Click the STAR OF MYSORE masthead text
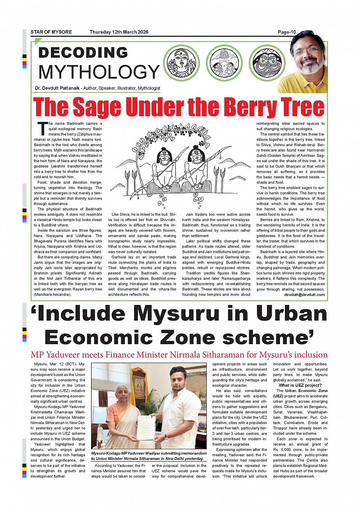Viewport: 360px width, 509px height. (51, 32)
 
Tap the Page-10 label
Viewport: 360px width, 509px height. (287, 32)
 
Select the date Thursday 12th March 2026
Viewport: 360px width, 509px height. (119, 32)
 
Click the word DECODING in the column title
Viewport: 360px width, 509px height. (83, 53)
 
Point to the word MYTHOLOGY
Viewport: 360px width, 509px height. (99, 72)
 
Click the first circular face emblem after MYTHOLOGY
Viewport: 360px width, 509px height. (181, 63)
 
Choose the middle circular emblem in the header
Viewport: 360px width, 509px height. (224, 63)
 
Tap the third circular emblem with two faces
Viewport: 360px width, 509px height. (267, 63)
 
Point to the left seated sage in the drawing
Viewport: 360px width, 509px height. (164, 168)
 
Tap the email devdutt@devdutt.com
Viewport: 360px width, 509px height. (304, 294)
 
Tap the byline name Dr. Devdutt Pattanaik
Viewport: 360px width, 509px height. (57, 88)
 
